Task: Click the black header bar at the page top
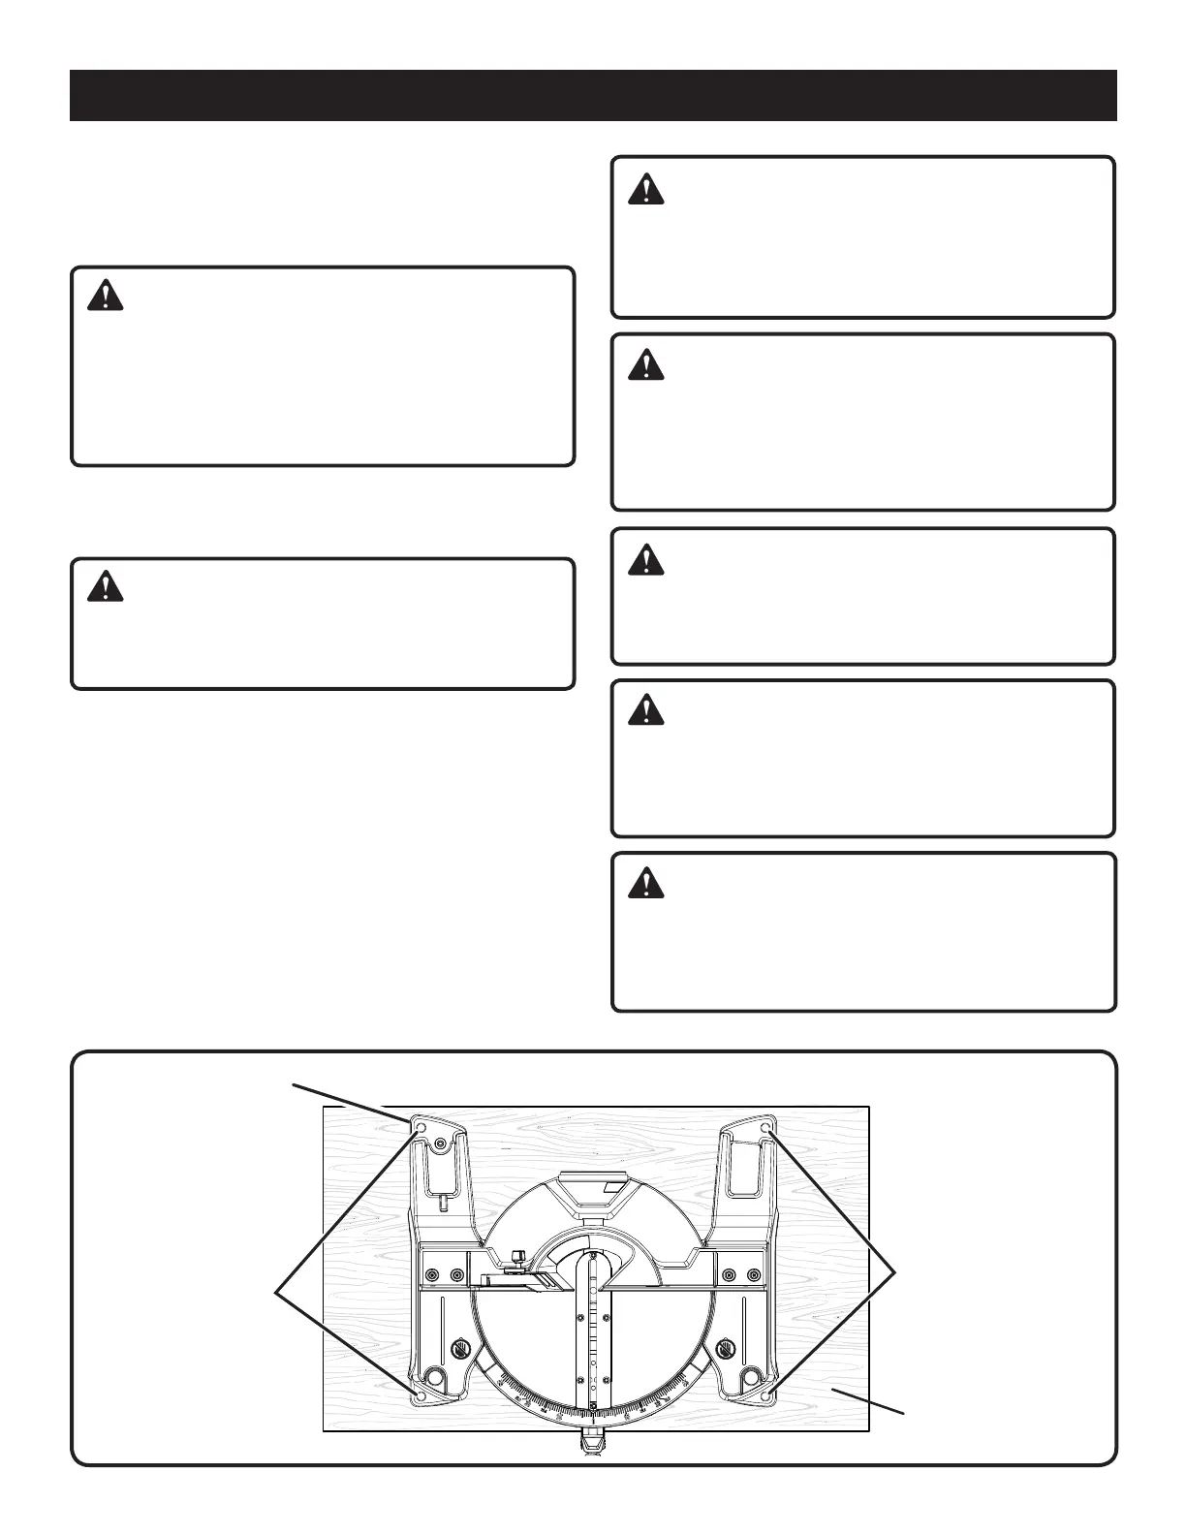pos(593,95)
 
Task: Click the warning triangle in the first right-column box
pos(645,189)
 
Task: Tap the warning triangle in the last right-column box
pos(645,883)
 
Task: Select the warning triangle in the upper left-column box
pos(105,296)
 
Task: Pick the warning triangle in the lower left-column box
pos(105,587)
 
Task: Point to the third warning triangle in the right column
pos(645,560)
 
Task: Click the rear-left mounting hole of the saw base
pos(421,1128)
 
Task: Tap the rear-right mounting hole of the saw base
pos(766,1129)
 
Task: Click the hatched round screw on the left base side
pos(460,1348)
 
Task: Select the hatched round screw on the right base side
pos(726,1348)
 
